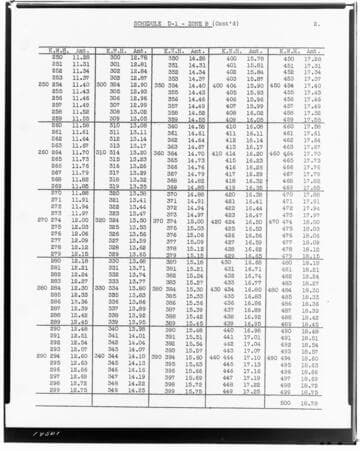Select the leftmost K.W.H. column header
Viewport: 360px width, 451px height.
click(58, 52)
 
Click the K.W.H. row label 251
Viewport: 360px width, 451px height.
click(57, 66)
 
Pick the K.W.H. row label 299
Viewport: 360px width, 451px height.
click(57, 388)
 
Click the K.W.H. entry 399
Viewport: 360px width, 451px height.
click(172, 388)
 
